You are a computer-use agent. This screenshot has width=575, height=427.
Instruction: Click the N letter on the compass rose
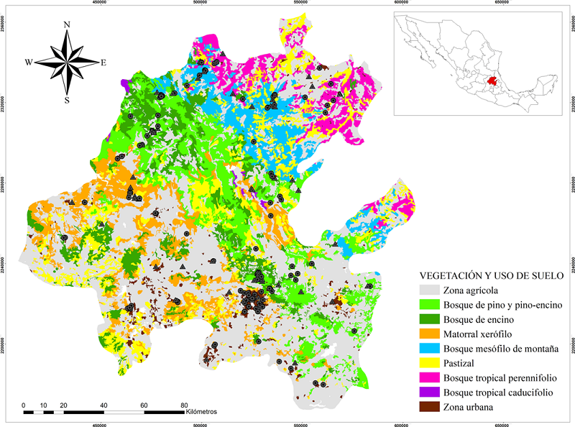67,24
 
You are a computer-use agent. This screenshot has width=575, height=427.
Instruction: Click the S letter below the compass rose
67,100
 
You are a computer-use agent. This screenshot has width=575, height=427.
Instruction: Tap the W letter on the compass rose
29,63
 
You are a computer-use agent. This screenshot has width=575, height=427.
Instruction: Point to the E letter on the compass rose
103,63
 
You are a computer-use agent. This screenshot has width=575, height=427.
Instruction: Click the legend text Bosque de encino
481,319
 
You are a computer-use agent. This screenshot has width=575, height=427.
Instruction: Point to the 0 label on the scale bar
24,405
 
